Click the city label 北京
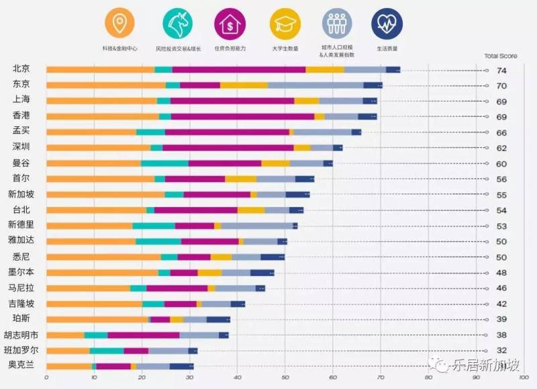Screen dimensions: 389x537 click(x=21, y=69)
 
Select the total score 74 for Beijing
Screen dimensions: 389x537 click(x=501, y=71)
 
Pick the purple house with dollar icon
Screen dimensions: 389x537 click(x=228, y=25)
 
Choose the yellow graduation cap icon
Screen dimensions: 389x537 click(x=284, y=25)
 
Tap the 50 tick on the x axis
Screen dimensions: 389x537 click(x=285, y=378)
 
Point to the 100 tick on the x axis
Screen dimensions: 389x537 click(x=523, y=378)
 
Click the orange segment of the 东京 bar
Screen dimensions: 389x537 click(x=105, y=85)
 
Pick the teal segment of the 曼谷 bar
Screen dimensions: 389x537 click(x=164, y=163)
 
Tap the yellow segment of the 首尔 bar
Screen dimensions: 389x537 click(x=241, y=179)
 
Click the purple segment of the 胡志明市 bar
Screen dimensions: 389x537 click(x=144, y=335)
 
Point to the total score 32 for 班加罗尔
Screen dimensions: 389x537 click(x=501, y=351)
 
